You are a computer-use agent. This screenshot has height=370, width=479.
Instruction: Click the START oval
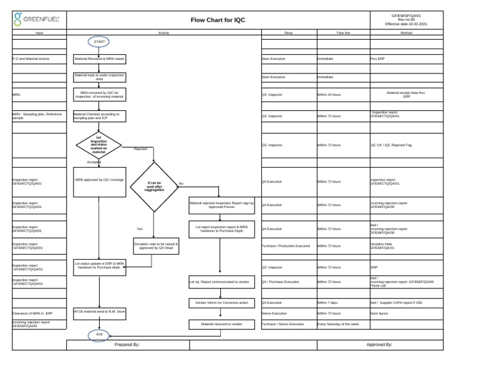click(99, 42)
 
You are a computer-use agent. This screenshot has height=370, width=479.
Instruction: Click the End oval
click(99, 335)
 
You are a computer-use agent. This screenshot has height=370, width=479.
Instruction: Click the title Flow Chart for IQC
click(218, 20)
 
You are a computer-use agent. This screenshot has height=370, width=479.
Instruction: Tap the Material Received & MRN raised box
click(99, 59)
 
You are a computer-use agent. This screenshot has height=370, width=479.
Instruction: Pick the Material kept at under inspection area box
click(99, 77)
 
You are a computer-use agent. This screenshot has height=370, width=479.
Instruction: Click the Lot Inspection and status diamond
click(99, 145)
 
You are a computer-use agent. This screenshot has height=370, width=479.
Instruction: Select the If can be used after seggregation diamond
click(154, 186)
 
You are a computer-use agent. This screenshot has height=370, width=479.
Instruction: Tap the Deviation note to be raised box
click(156, 246)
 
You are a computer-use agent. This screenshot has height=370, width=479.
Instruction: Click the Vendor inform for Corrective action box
click(221, 303)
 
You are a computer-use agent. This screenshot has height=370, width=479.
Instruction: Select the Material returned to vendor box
click(221, 325)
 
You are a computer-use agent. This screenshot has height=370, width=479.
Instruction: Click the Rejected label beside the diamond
click(140, 149)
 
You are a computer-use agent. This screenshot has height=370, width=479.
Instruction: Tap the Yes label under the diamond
click(140, 229)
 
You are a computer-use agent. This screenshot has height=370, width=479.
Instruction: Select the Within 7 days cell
click(327, 303)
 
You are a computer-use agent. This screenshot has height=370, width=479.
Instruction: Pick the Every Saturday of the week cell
click(339, 325)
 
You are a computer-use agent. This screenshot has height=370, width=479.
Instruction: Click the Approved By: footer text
click(379, 344)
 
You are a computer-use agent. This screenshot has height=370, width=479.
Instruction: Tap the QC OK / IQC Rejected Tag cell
click(391, 145)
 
